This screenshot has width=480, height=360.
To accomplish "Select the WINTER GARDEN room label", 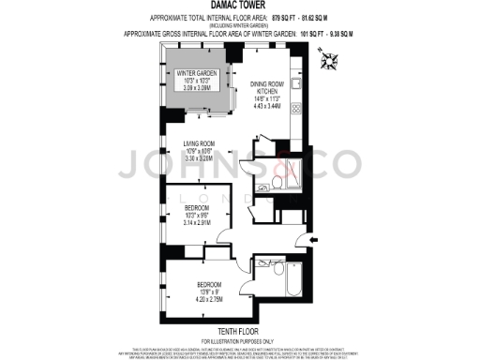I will tap(198, 74).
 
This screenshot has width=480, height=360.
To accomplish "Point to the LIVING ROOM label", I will tap(200, 143).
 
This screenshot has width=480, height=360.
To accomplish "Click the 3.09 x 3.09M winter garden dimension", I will tap(198, 87).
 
